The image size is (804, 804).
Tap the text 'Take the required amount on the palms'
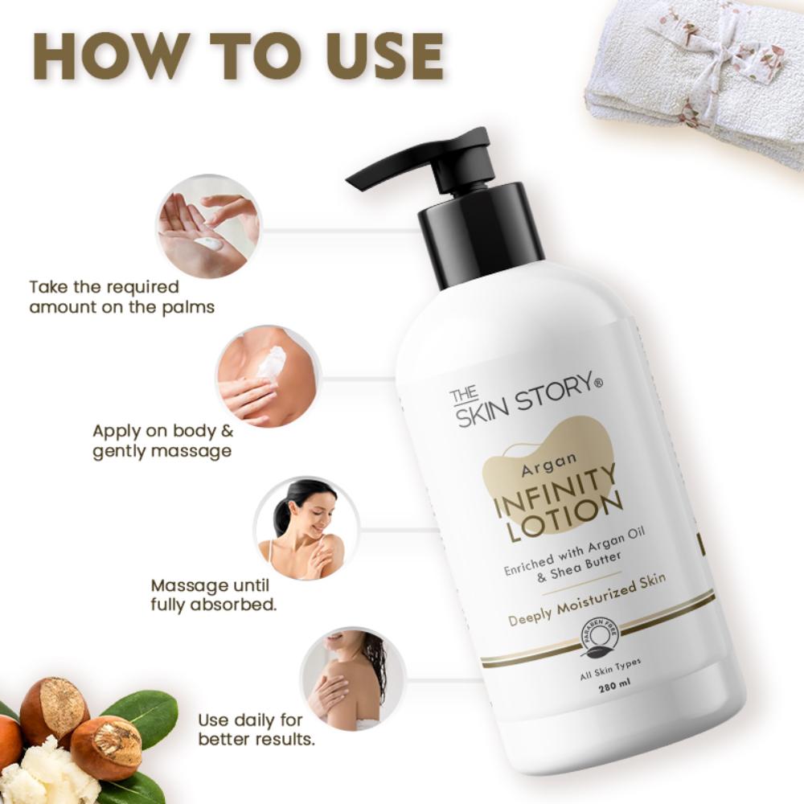pyautogui.click(x=121, y=297)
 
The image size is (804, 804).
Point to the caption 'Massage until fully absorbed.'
pyautogui.click(x=213, y=593)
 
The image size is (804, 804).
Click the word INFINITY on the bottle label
pyautogui.click(x=556, y=493)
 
